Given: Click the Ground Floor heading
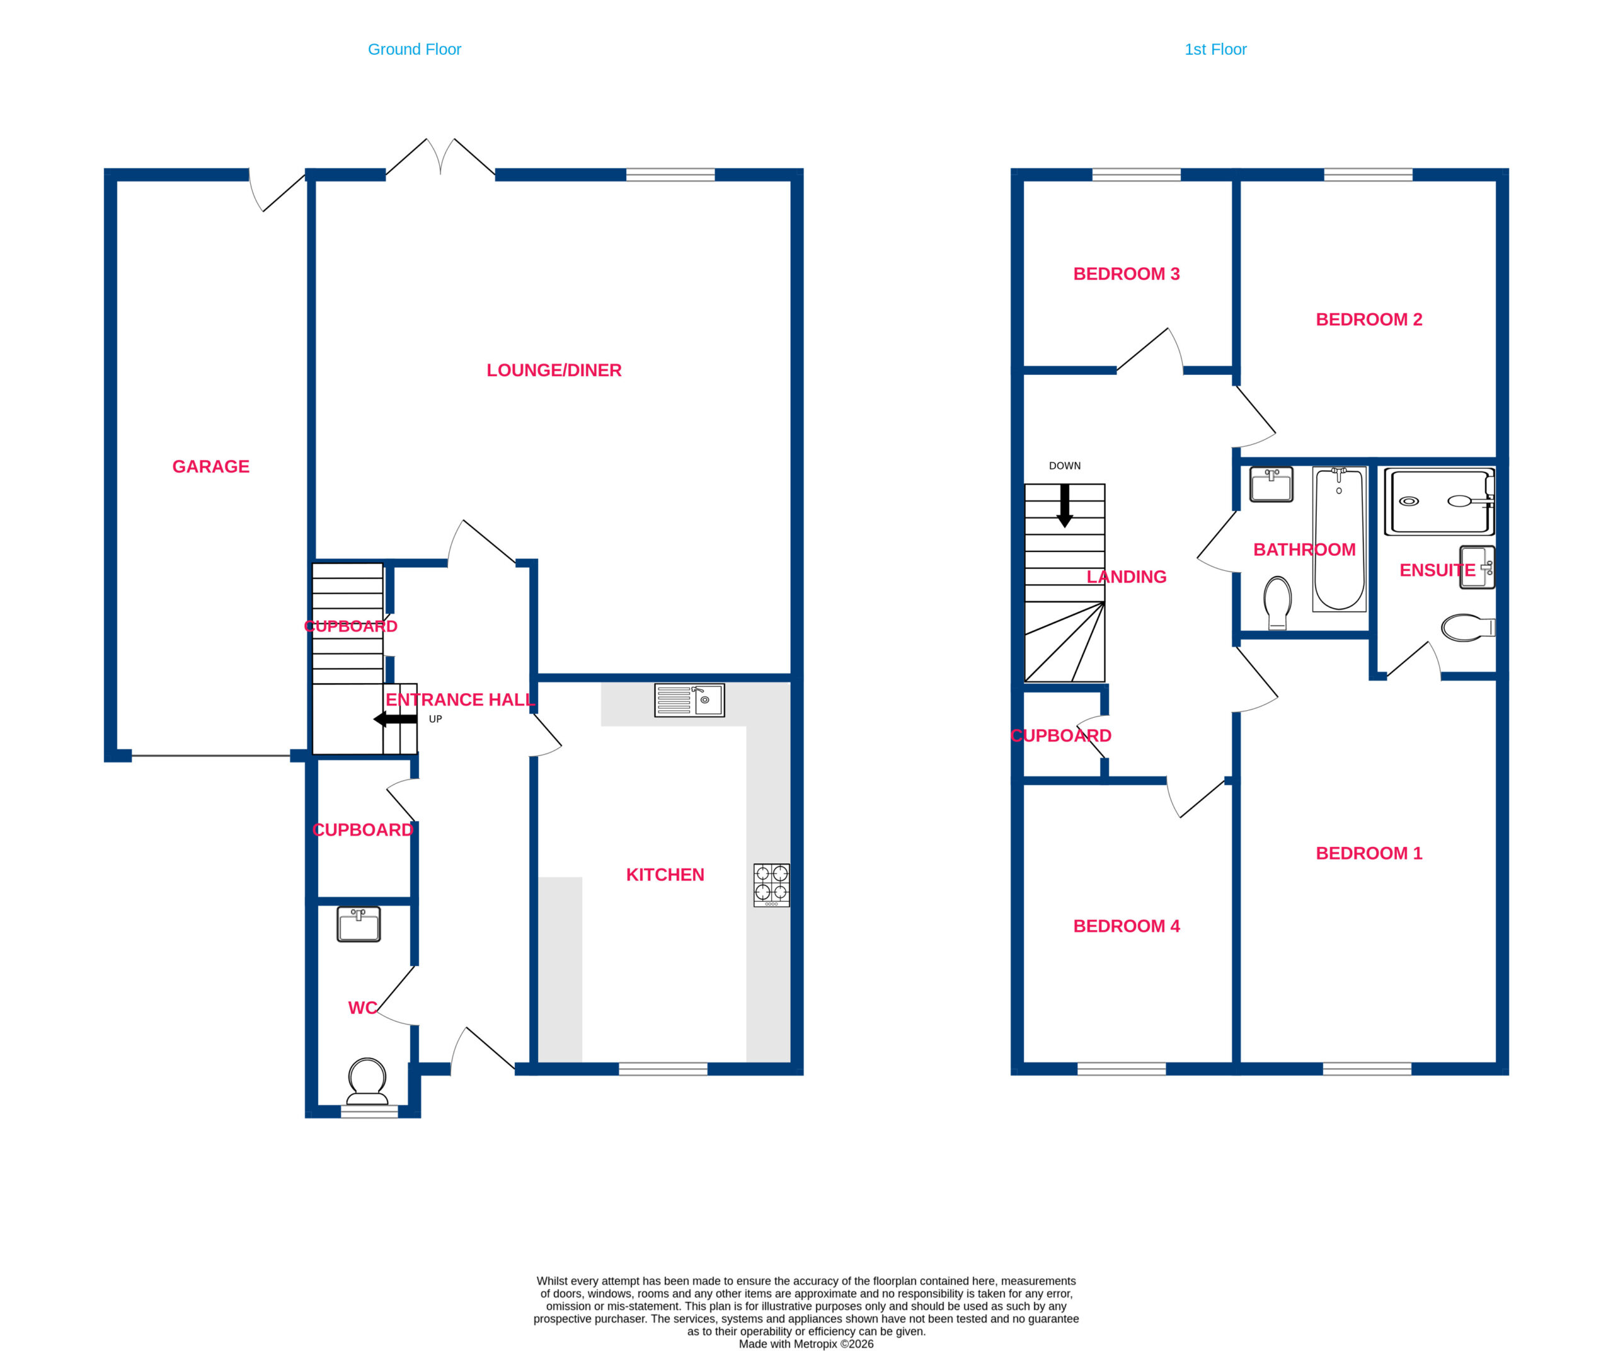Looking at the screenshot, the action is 414,50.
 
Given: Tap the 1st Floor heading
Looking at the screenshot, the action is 1215,50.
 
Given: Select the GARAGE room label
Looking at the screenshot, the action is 210,467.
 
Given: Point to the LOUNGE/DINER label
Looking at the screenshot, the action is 554,370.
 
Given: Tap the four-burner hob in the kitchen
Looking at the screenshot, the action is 771,885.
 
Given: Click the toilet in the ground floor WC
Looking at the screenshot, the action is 367,1081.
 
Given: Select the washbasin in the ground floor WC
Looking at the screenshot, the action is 359,924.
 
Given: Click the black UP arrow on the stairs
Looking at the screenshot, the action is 395,720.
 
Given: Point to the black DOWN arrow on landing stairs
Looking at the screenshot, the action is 1065,505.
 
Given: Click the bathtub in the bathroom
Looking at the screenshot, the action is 1339,539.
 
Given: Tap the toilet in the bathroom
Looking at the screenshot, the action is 1277,603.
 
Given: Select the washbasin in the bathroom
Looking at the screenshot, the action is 1271,485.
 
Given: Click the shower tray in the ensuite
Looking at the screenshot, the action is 1439,501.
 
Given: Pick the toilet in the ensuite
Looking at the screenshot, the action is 1468,628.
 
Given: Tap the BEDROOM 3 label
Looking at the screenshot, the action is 1126,274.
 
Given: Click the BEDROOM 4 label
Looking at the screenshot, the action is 1126,926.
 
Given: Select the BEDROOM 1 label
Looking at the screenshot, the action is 1369,853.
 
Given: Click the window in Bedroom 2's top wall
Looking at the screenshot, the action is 1368,175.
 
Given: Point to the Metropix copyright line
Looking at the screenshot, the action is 806,1344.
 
